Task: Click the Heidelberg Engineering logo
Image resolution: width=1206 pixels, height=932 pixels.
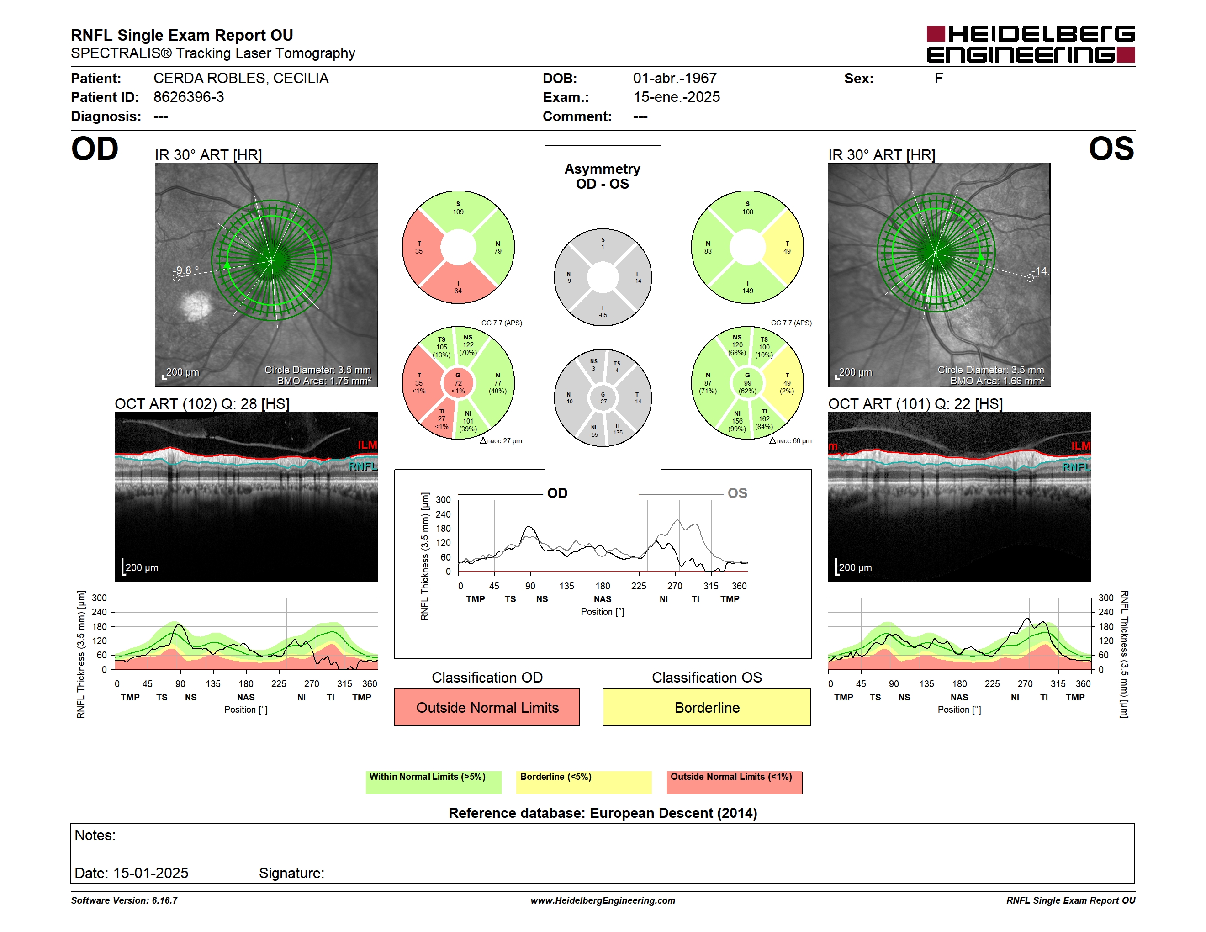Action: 1031,44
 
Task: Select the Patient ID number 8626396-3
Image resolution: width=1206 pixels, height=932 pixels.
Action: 189,97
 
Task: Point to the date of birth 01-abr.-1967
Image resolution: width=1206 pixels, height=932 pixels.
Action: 675,79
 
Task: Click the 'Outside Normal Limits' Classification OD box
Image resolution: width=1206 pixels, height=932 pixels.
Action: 487,707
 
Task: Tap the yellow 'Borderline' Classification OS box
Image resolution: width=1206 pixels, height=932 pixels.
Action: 707,707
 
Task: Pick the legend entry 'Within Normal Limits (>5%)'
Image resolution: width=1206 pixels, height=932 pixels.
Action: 434,782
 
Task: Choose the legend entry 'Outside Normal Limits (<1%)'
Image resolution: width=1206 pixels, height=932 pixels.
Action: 735,782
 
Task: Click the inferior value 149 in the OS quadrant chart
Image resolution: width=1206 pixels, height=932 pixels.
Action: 748,291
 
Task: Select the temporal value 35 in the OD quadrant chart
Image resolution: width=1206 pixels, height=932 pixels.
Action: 419,251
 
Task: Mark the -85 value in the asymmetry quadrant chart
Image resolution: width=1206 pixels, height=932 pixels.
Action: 603,315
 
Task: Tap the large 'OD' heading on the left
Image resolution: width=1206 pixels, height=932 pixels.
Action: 95,149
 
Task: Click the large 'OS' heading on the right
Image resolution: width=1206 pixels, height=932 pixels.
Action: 1111,149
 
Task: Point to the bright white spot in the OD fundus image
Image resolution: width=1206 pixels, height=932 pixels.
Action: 196,305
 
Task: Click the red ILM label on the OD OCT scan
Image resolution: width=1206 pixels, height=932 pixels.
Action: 367,445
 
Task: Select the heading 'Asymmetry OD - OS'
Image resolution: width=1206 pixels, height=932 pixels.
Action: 603,176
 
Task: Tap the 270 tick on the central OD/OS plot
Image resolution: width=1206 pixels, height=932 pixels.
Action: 675,586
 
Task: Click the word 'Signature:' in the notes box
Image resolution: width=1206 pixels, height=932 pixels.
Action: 291,873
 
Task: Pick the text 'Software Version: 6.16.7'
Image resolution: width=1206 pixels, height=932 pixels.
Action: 124,900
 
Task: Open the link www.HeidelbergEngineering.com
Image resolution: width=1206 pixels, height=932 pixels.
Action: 603,900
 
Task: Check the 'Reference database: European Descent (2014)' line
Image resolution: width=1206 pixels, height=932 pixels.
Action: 603,813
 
